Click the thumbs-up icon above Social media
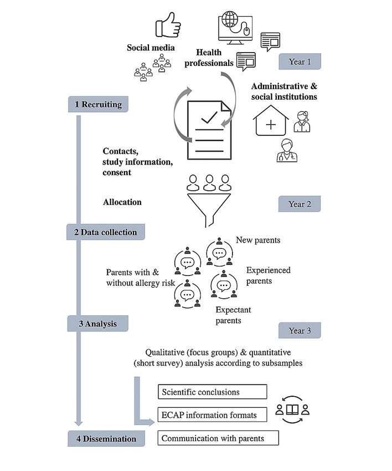pyautogui.click(x=168, y=25)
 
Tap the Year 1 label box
pyautogui.click(x=300, y=62)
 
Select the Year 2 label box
pyautogui.click(x=299, y=204)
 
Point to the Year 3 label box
pyautogui.click(x=300, y=330)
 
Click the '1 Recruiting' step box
pyautogui.click(x=98, y=104)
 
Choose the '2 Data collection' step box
pyautogui.click(x=106, y=232)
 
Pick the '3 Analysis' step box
pyautogui.click(x=98, y=324)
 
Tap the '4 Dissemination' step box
pyautogui.click(x=106, y=438)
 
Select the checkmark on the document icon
pyautogui.click(x=209, y=117)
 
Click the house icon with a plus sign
pyautogui.click(x=271, y=120)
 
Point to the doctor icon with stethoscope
pyautogui.click(x=287, y=151)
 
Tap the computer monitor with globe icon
pyautogui.click(x=235, y=28)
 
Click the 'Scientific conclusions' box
pyautogui.click(x=213, y=392)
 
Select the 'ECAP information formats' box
pyautogui.click(x=213, y=415)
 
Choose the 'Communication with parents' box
pyautogui.click(x=218, y=438)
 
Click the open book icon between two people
pyautogui.click(x=292, y=409)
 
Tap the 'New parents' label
pyautogui.click(x=258, y=240)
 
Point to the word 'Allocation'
pyautogui.click(x=122, y=202)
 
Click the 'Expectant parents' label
pyautogui.click(x=233, y=315)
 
